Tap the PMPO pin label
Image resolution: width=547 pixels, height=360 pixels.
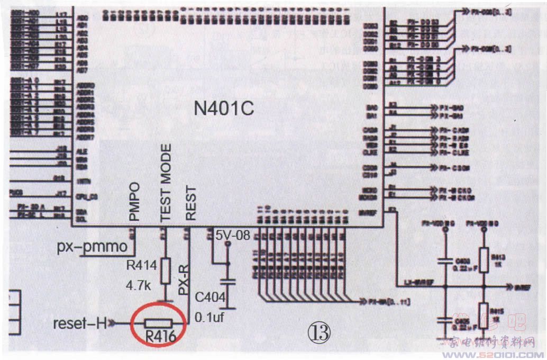click(x=134, y=202)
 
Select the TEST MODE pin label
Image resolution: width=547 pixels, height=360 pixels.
click(x=166, y=183)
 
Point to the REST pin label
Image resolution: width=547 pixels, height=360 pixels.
click(x=190, y=203)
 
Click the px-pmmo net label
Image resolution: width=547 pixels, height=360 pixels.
click(x=92, y=247)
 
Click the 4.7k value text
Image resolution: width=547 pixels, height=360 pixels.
click(x=139, y=286)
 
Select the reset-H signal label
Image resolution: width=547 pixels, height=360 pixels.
click(x=80, y=323)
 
